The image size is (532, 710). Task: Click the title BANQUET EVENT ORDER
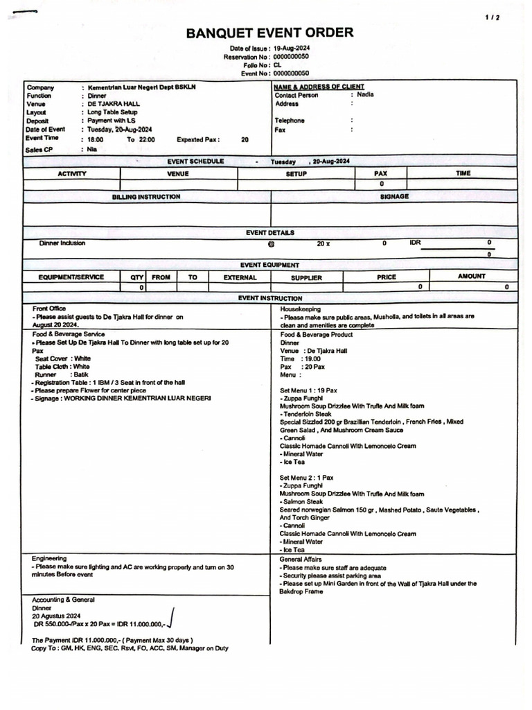tap(269, 33)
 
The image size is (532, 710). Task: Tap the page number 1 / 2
tap(493, 17)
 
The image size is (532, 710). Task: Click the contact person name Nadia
tap(365, 95)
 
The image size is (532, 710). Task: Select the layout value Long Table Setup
tap(112, 112)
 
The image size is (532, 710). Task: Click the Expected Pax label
tap(198, 139)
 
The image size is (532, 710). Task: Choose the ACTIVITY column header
tap(72, 173)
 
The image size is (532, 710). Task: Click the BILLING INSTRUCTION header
tap(146, 197)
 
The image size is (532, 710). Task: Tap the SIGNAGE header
tap(394, 197)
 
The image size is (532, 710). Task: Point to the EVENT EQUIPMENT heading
tap(269, 265)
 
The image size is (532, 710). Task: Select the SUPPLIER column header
tap(306, 277)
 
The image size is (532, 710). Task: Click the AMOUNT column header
tap(472, 277)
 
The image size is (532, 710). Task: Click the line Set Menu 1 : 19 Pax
tap(309, 390)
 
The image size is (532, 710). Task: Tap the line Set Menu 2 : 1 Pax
tap(307, 478)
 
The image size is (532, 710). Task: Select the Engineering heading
tap(49, 558)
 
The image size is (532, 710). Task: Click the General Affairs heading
tap(301, 559)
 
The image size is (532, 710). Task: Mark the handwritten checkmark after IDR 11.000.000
tap(170, 616)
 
